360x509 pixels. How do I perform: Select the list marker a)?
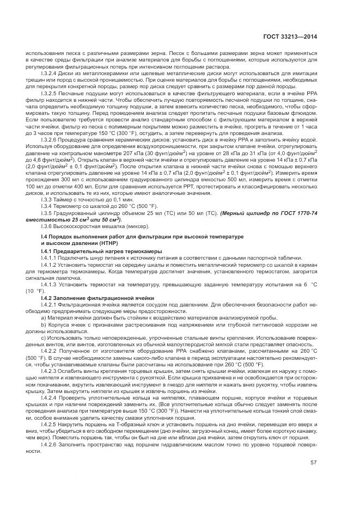pos(42,316)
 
